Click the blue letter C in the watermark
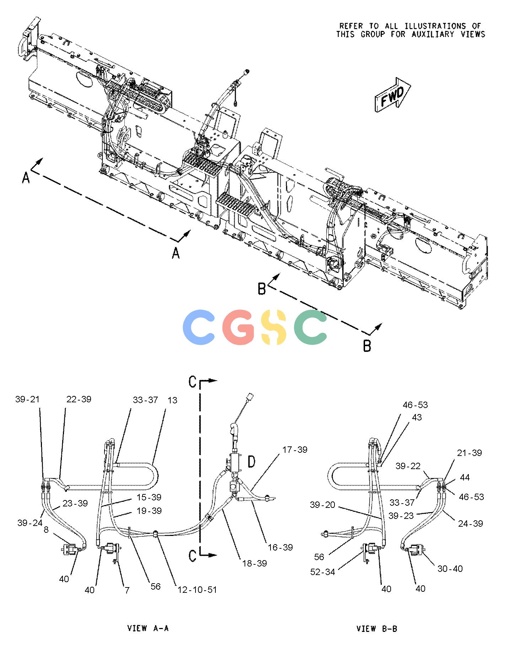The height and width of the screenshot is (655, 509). pyautogui.click(x=199, y=327)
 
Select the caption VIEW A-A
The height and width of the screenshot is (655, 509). pyautogui.click(x=148, y=628)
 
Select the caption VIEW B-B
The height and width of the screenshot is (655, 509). pyautogui.click(x=377, y=628)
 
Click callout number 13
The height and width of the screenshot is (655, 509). pyautogui.click(x=172, y=400)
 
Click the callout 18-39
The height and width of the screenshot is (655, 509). pyautogui.click(x=254, y=563)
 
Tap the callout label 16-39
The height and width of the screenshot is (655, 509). pyautogui.click(x=280, y=547)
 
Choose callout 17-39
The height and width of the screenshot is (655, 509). pyautogui.click(x=295, y=450)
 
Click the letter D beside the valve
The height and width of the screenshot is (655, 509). pyautogui.click(x=251, y=462)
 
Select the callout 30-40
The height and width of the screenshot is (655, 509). pyautogui.click(x=450, y=569)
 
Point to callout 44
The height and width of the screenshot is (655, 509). pyautogui.click(x=465, y=477)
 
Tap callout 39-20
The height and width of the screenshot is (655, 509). pyautogui.click(x=322, y=505)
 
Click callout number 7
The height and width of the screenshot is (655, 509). pyautogui.click(x=127, y=590)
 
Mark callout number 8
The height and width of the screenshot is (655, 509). pyautogui.click(x=46, y=530)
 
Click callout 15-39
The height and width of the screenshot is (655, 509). pyautogui.click(x=149, y=497)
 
